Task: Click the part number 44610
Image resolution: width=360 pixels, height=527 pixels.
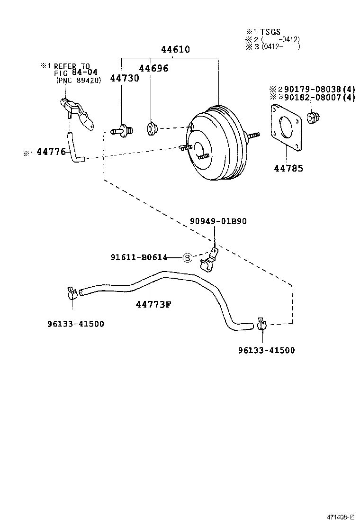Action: coord(175,50)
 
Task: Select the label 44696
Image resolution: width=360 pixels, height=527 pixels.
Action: coord(153,68)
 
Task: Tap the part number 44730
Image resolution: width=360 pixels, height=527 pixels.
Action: coord(125,78)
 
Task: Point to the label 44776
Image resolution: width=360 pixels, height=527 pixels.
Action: coord(51,153)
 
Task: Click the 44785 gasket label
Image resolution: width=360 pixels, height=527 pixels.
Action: coord(289,168)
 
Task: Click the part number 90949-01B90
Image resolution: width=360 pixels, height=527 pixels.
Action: coord(218,221)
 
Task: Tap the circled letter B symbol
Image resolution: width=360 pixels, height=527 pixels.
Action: coord(187,257)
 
